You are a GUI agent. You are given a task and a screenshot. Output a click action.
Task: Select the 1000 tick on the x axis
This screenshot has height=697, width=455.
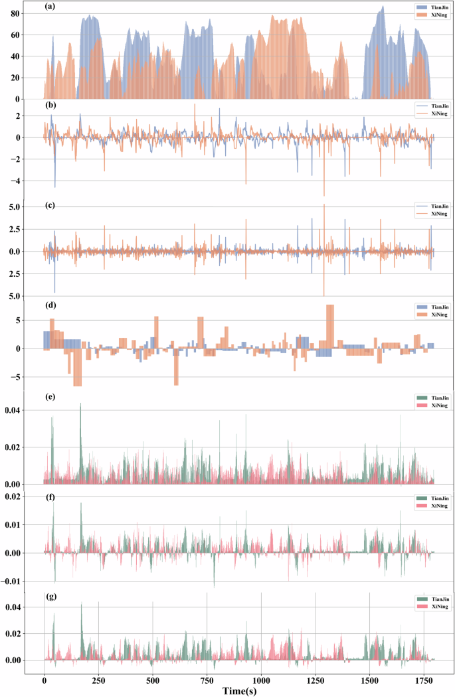261,680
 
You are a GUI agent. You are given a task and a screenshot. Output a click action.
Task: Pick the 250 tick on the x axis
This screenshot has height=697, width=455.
98,680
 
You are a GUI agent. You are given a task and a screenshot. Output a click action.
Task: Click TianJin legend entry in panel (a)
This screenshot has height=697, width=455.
425,7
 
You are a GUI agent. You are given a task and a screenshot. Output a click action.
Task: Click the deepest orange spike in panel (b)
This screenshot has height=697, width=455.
324,194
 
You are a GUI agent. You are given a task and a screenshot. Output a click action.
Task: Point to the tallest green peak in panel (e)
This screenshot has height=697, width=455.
80,404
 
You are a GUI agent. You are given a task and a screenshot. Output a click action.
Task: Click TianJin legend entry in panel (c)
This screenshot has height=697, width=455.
425,206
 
